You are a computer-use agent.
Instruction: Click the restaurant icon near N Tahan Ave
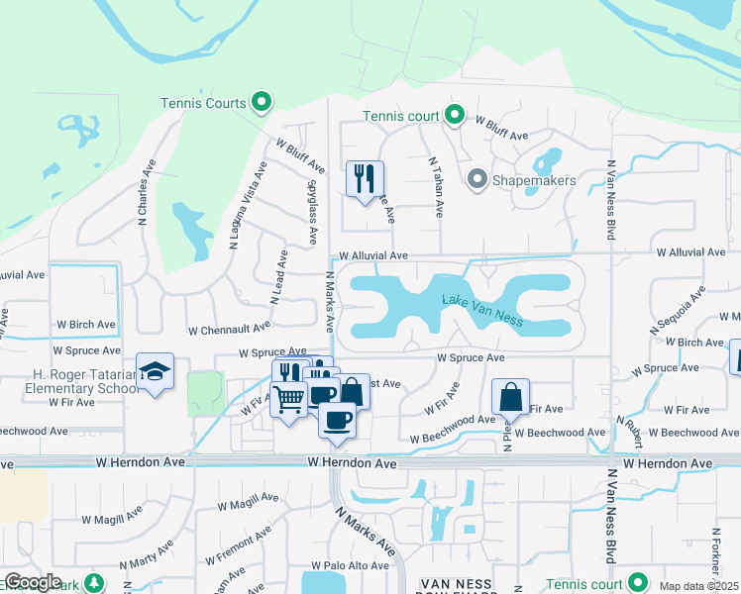(x=364, y=178)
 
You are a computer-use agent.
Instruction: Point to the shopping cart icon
(x=288, y=400)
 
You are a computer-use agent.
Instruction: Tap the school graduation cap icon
(x=155, y=371)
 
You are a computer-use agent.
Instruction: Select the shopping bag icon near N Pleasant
(x=509, y=397)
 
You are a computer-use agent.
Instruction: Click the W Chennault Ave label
(x=228, y=327)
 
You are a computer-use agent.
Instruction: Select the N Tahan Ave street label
(x=435, y=186)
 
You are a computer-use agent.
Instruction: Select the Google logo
(x=33, y=582)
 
